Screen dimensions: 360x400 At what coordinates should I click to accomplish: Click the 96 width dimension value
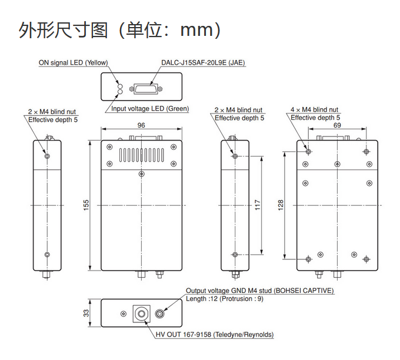(141, 125)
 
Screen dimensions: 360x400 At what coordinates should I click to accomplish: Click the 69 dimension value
(337, 125)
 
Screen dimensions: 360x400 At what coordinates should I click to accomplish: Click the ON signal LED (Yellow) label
(73, 62)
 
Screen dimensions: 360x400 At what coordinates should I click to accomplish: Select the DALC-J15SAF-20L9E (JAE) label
(203, 62)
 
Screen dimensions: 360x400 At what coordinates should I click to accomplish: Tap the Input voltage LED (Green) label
(150, 109)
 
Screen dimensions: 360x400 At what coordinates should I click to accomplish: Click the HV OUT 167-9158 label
(215, 335)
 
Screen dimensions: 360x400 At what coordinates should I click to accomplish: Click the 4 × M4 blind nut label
(315, 110)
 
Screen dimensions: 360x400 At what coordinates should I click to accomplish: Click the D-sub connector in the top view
(144, 88)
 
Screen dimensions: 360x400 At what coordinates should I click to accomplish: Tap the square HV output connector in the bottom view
(142, 314)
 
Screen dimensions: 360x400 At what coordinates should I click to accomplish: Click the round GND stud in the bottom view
(159, 314)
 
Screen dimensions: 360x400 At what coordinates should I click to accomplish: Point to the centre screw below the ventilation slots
(141, 174)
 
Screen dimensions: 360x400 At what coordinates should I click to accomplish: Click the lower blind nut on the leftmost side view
(48, 255)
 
